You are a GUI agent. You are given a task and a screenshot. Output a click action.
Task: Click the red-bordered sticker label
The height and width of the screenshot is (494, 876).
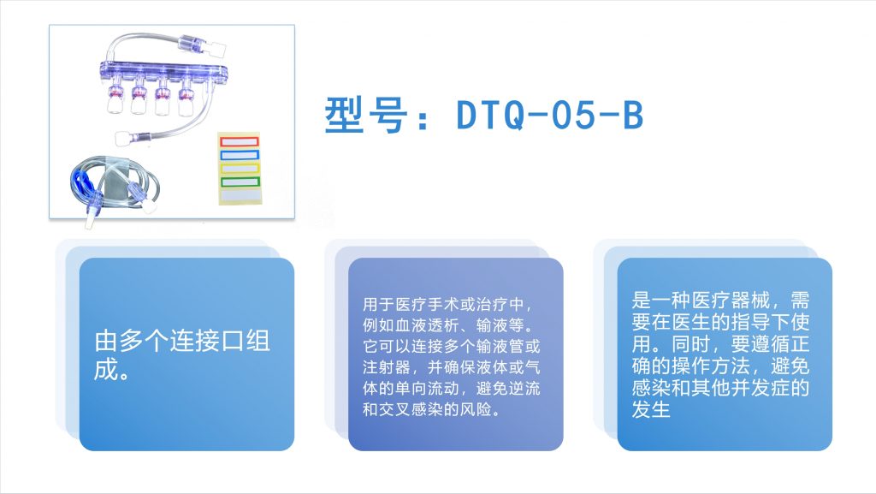click(240, 141)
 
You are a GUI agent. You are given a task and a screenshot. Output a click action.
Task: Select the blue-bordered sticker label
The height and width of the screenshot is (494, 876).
click(240, 155)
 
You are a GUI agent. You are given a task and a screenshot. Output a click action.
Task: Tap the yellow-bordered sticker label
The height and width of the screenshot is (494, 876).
click(240, 168)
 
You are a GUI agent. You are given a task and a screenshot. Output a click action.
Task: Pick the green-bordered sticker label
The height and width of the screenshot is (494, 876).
click(240, 182)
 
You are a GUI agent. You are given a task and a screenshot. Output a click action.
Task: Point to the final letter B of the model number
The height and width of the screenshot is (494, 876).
click(633, 115)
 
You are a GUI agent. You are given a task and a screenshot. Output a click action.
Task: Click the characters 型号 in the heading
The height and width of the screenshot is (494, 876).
click(366, 115)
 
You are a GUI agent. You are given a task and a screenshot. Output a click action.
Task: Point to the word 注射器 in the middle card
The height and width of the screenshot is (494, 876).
click(387, 367)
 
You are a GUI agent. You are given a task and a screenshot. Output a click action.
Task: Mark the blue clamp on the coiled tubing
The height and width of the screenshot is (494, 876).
click(81, 182)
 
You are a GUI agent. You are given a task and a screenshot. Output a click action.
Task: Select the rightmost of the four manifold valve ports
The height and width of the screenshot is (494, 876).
click(186, 99)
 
